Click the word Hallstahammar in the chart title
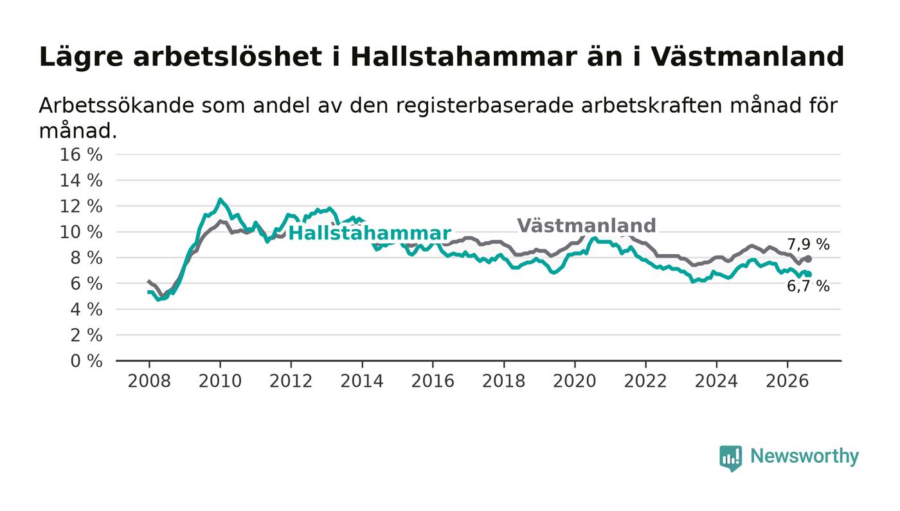click(464, 57)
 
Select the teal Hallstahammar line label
click(370, 234)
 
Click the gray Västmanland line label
click(586, 225)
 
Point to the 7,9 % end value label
click(808, 244)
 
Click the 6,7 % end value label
click(808, 286)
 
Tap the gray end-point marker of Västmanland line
click(809, 259)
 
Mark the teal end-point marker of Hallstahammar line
click(809, 274)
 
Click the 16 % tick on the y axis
click(81, 154)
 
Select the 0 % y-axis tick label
click(86, 361)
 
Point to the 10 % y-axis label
click(81, 232)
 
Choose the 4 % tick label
click(86, 310)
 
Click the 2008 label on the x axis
click(149, 381)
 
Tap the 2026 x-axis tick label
click(787, 381)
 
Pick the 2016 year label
click(433, 381)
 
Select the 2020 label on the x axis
click(575, 381)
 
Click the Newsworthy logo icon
click(730, 458)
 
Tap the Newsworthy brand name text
click(804, 456)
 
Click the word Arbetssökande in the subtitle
click(116, 106)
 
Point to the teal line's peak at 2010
click(220, 199)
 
